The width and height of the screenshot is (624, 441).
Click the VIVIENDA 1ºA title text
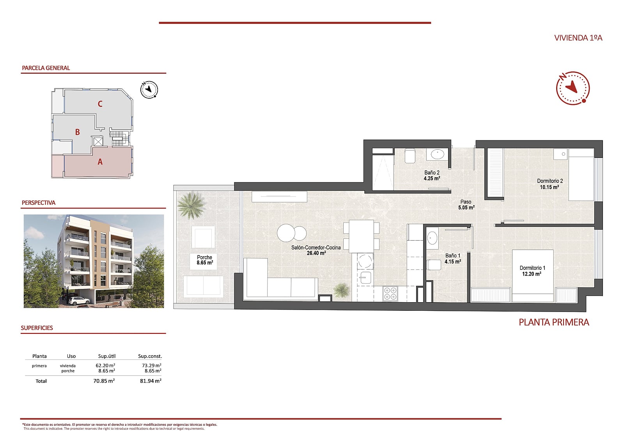(578, 38)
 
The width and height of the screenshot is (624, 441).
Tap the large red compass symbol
(573, 88)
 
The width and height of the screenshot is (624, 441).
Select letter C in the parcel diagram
(100, 104)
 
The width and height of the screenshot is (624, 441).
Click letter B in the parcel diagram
(78, 132)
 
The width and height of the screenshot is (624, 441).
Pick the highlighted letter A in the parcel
(100, 162)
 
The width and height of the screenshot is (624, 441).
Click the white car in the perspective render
(79, 301)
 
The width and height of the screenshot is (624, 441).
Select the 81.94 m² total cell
(151, 381)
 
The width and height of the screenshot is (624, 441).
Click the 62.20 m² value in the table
(105, 365)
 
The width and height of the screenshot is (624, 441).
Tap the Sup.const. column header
(150, 356)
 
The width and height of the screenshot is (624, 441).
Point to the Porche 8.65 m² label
(204, 260)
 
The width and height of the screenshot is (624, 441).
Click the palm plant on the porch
(191, 204)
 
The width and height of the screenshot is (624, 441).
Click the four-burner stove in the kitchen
(390, 294)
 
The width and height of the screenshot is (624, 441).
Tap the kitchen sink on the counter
(365, 278)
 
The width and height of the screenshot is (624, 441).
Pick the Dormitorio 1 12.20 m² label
(532, 271)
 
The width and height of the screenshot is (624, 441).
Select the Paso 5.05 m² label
(466, 205)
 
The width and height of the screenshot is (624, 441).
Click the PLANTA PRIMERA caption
(554, 322)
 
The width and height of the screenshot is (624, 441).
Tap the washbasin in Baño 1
(432, 238)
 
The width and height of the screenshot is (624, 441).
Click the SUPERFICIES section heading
(37, 328)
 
